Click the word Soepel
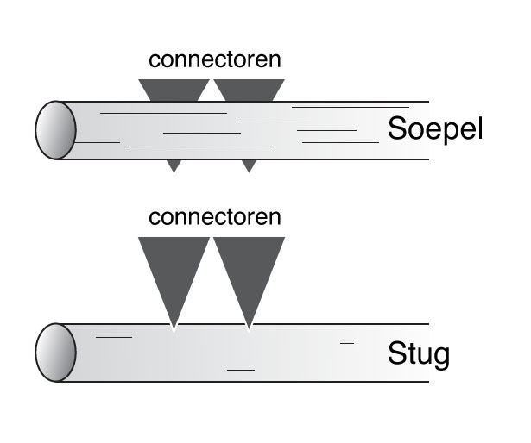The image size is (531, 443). (x=434, y=129)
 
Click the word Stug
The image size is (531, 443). (x=419, y=353)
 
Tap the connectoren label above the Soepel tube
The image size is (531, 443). (x=215, y=59)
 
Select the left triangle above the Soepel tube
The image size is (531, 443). (x=174, y=90)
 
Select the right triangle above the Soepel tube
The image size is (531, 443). (x=249, y=90)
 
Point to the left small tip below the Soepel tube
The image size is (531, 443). (x=174, y=165)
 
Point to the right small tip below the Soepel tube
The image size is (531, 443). (x=249, y=165)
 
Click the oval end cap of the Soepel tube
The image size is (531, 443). (x=56, y=130)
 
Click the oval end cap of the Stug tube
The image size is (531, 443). (x=56, y=353)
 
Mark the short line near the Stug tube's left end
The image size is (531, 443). (x=113, y=337)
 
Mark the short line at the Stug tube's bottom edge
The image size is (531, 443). (x=241, y=370)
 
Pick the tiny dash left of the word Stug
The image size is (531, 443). (x=347, y=343)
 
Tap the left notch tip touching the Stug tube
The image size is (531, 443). (x=174, y=328)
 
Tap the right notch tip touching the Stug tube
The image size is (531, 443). (x=249, y=328)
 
